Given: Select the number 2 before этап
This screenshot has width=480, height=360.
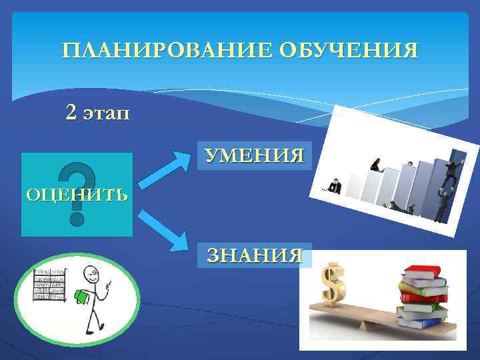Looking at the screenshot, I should [71, 113].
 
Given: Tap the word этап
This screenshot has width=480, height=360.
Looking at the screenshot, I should [106, 113].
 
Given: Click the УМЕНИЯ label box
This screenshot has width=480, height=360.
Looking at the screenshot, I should [254, 156].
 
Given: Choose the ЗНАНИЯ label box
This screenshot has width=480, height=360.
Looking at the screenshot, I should [255, 255].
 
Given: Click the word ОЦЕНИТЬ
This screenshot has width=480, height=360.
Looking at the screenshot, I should [76, 195].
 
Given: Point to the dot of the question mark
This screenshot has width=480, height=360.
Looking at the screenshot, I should [77, 217].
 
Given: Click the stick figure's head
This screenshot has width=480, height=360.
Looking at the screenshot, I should [90, 273].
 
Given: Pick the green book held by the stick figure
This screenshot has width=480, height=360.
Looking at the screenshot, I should [82, 297].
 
